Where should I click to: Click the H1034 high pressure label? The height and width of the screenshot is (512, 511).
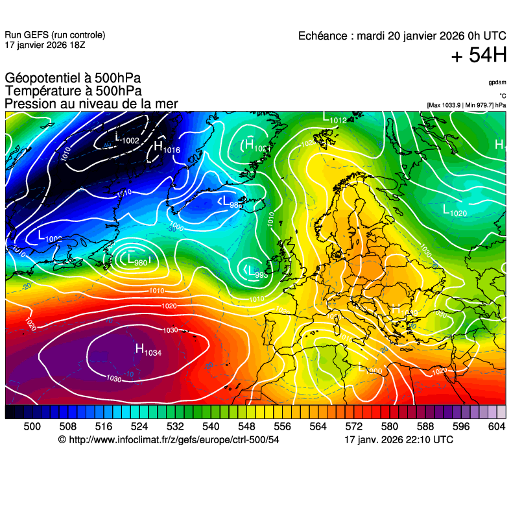point(148,350)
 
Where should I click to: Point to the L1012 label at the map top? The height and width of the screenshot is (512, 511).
point(335,119)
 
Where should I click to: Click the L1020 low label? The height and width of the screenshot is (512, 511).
point(455,211)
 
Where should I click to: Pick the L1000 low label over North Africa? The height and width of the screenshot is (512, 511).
point(370,369)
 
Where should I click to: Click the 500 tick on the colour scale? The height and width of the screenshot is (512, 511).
point(32,426)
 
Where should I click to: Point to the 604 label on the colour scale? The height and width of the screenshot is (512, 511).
point(497,426)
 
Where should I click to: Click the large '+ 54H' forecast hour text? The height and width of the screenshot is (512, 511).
point(479,56)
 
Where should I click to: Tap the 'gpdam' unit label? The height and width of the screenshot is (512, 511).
point(497,82)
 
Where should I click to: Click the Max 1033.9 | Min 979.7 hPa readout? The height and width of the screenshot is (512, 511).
point(466,104)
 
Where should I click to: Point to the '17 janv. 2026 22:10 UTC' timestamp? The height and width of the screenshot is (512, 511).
point(398,440)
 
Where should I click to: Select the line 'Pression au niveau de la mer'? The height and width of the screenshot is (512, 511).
point(91,104)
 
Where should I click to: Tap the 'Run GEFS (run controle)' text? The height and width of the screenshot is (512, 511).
point(54,35)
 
